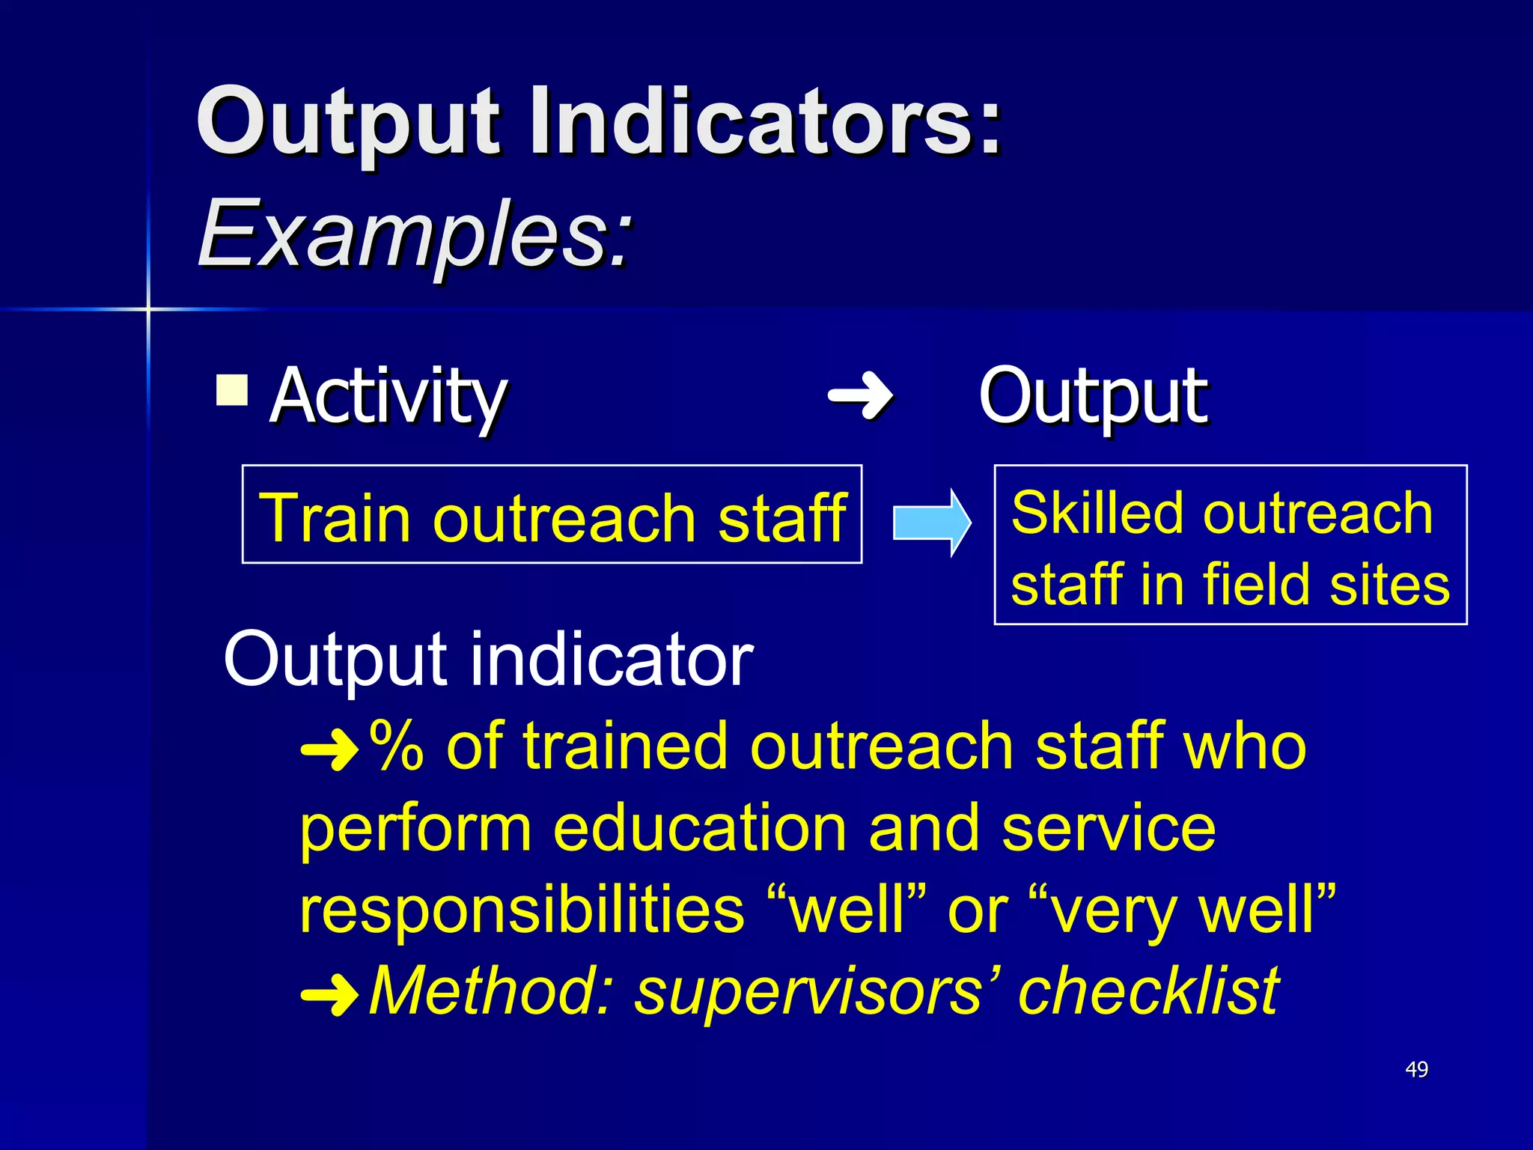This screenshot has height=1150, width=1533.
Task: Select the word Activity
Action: [388, 397]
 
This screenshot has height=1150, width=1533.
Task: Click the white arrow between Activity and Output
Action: [861, 395]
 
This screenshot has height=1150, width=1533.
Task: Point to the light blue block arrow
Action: [931, 523]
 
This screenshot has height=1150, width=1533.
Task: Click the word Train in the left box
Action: [335, 518]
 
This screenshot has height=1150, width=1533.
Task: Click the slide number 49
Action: [1416, 1069]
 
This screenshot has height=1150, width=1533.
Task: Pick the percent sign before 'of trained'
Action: [397, 746]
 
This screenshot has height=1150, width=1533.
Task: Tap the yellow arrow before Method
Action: [329, 994]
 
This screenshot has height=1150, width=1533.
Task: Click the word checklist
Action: [1149, 991]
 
